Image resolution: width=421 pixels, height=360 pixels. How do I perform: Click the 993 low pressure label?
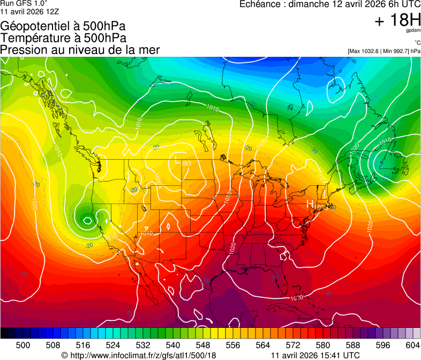click(186, 164)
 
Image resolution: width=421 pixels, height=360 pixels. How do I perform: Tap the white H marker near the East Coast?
click(309, 204)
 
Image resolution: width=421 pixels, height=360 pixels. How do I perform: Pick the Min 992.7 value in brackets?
click(395, 51)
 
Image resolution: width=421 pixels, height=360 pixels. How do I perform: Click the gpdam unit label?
click(413, 30)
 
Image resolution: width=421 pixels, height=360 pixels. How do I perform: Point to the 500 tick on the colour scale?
click(23, 345)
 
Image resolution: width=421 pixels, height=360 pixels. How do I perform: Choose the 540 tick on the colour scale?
click(173, 345)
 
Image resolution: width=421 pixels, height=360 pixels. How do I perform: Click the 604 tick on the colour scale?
click(412, 345)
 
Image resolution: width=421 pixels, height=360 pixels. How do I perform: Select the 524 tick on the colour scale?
click(113, 345)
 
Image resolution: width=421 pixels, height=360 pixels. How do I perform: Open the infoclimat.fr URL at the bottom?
click(142, 355)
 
